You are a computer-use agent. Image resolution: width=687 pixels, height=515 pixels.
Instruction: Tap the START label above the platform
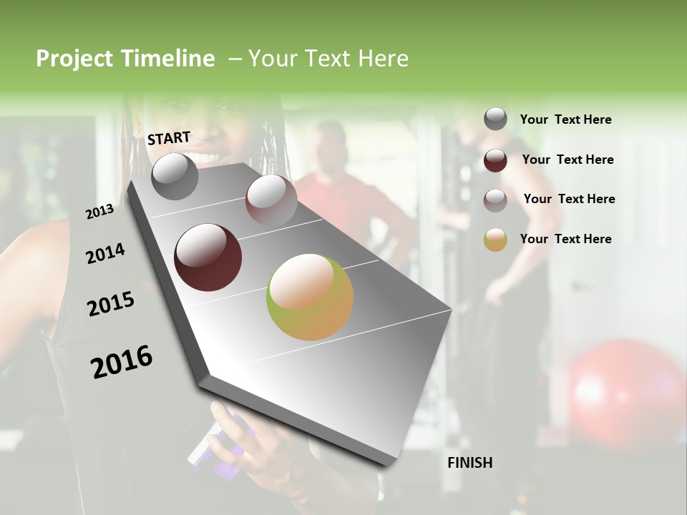pos(169,138)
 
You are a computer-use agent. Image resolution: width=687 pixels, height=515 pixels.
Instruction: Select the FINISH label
pos(469,463)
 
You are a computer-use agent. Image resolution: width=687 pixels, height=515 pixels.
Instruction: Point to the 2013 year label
pos(99,212)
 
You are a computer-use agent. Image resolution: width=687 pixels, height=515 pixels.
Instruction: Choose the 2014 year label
pos(105,253)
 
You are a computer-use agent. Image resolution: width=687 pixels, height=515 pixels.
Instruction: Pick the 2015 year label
pos(110,304)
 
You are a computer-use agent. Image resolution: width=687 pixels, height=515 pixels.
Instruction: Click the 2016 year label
pos(122,362)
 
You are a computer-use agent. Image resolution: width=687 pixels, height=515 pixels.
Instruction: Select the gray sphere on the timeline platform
pos(175,176)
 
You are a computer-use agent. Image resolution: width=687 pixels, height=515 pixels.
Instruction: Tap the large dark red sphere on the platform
pos(208,257)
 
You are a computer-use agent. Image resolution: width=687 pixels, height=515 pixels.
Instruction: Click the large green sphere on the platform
pos(310,297)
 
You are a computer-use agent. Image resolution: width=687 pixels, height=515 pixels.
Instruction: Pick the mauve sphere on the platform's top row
pos(271,200)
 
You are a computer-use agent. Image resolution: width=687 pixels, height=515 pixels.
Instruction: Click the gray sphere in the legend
pos(495,119)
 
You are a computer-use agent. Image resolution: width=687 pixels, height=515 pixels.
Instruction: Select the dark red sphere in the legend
pos(495,160)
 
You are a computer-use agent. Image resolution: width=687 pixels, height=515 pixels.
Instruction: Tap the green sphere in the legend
pos(495,240)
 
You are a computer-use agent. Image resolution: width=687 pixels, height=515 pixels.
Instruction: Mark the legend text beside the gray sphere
pos(565,119)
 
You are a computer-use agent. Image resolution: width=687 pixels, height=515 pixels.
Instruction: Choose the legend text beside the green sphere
pos(565,239)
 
